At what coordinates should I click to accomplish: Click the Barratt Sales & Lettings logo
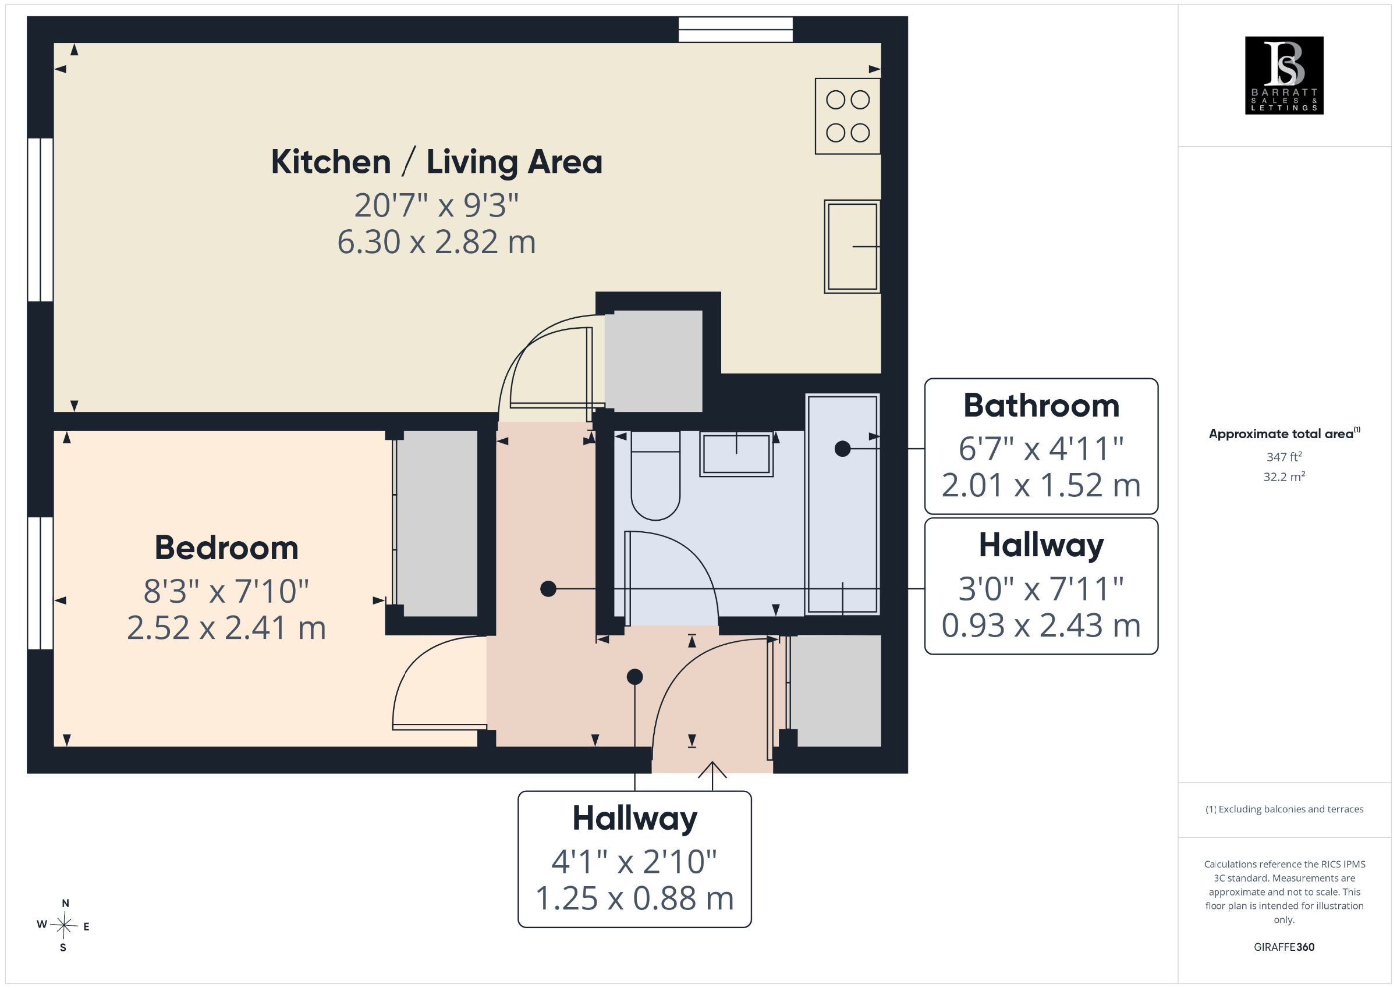(x=1284, y=76)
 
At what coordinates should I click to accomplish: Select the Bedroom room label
(x=226, y=548)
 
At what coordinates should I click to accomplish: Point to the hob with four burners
(x=848, y=116)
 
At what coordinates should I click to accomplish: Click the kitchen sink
(x=852, y=246)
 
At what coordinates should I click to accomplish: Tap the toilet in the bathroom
(x=655, y=475)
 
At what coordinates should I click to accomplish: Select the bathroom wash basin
(x=736, y=454)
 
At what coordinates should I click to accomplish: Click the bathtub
(x=843, y=504)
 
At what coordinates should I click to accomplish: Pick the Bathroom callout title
(x=1041, y=405)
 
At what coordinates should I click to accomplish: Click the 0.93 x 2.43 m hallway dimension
(x=1041, y=626)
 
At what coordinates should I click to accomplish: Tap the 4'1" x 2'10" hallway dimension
(x=634, y=862)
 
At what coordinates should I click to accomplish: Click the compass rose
(x=64, y=925)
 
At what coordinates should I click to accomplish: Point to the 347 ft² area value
(x=1284, y=456)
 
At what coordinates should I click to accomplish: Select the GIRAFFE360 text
(x=1284, y=947)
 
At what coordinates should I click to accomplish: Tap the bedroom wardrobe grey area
(x=437, y=524)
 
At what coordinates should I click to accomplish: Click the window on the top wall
(x=736, y=29)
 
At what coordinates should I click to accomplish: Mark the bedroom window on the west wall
(x=40, y=583)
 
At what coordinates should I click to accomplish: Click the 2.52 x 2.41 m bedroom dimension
(x=226, y=628)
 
